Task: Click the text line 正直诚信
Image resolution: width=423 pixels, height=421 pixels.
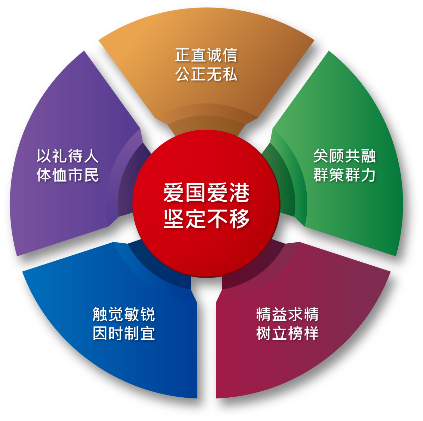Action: coord(206,55)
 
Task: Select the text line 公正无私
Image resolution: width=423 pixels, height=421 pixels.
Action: coord(206,75)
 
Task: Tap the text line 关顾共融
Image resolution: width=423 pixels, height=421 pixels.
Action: coord(344,156)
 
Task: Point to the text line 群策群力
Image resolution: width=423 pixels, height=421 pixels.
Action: coord(344,175)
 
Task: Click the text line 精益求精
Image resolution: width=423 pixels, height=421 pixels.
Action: coord(287,314)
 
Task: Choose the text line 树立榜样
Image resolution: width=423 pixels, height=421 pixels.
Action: coord(287,333)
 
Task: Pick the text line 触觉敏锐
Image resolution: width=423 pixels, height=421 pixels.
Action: coord(124,314)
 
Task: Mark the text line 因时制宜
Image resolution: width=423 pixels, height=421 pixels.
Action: coord(124,333)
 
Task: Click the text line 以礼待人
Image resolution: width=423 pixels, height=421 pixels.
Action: coord(67,156)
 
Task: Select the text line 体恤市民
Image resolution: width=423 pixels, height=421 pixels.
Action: coord(67,175)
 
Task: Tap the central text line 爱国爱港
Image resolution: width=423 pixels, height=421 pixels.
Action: coord(207,193)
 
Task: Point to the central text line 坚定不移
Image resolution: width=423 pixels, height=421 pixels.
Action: coord(207,219)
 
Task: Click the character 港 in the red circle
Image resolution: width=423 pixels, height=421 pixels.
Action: coord(239,193)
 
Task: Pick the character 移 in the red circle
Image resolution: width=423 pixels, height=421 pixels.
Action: coord(239,219)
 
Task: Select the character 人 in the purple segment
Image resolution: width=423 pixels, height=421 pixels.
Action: coord(91,156)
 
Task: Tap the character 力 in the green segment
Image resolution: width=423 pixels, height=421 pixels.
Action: coord(368,175)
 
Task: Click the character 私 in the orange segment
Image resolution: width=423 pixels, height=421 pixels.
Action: coord(230,75)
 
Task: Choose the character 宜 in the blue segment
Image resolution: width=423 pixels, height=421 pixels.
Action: coord(147,333)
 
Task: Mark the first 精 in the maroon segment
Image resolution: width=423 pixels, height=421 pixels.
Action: coord(264,314)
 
